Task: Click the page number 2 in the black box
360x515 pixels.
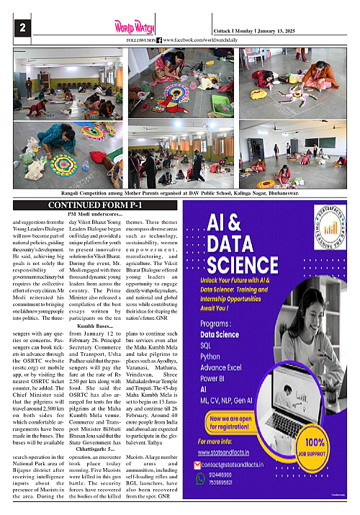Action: click(x=23, y=28)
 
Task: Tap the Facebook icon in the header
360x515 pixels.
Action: click(x=159, y=40)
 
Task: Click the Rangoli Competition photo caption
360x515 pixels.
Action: click(x=180, y=192)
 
